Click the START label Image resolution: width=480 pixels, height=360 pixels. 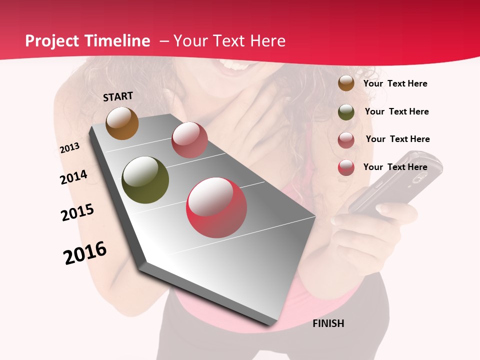(118, 96)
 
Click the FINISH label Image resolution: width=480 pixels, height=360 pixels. (328, 323)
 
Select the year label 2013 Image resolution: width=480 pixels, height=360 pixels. (69, 148)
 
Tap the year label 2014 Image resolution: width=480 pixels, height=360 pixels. (73, 177)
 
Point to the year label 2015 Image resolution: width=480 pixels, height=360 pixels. (77, 212)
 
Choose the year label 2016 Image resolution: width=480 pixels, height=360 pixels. (85, 252)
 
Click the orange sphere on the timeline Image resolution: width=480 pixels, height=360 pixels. (122, 123)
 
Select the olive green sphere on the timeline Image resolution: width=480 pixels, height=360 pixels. (145, 180)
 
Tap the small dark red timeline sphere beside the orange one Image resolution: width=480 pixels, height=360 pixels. (189, 139)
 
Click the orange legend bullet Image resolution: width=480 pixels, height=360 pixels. (346, 83)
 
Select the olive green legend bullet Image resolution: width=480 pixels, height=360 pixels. (346, 112)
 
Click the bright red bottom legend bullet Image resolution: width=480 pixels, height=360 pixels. (346, 167)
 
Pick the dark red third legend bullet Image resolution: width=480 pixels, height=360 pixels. (346, 140)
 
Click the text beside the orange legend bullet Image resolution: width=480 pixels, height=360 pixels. (395, 83)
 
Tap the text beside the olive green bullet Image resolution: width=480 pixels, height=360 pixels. (396, 111)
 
